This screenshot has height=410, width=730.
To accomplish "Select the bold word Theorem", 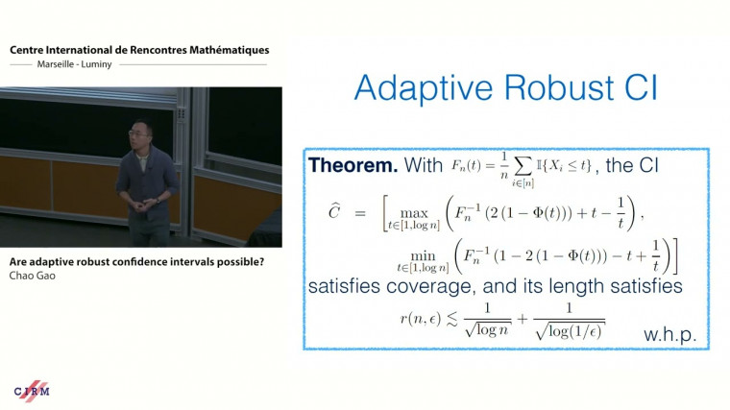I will click(x=353, y=166).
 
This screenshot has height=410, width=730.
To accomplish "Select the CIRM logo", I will click(x=32, y=391).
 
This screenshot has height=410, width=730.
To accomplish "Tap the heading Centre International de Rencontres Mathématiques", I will click(x=139, y=50).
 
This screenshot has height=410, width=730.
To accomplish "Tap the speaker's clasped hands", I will click(x=145, y=204).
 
